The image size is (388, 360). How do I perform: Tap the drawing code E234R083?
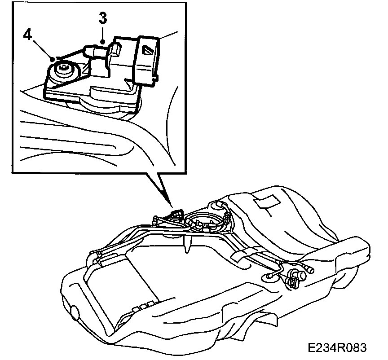(337, 348)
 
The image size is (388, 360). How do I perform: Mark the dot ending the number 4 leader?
(53, 58)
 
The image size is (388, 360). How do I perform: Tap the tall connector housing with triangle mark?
(147, 58)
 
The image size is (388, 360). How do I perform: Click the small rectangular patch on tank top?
(265, 202)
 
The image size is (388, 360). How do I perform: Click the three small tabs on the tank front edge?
(141, 307)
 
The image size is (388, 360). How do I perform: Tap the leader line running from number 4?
(41, 48)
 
